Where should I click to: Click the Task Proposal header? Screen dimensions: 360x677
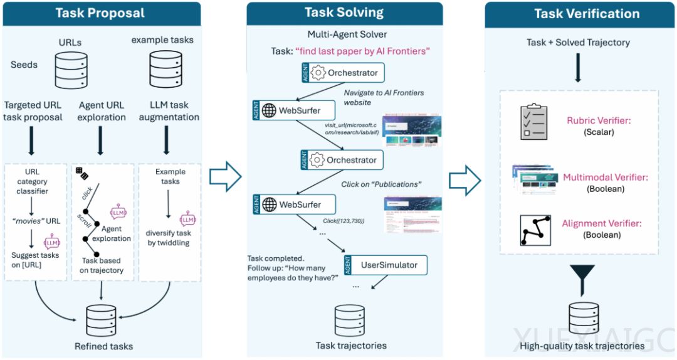100,13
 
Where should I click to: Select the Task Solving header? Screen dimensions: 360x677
345,13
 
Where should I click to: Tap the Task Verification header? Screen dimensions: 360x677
587,14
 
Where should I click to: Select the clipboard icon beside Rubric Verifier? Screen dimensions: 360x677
535,122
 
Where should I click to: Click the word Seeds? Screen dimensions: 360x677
24,65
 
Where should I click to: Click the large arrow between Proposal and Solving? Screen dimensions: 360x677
225,177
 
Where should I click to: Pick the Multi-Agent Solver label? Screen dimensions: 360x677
347,34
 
